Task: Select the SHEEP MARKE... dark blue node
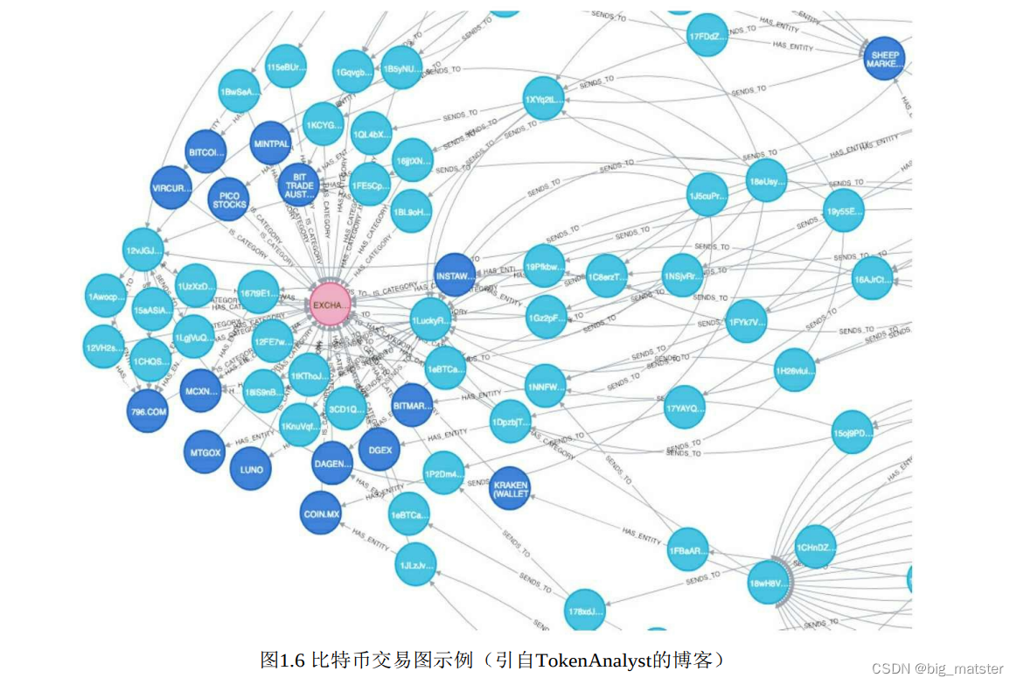(x=883, y=59)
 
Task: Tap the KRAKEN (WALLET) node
(x=511, y=488)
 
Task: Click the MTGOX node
(x=205, y=452)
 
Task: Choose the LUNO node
(x=251, y=469)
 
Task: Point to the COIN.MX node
(x=321, y=514)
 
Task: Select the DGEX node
(x=380, y=450)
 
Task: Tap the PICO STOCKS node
(x=229, y=199)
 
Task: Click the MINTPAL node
(x=270, y=143)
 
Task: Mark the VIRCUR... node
(x=171, y=187)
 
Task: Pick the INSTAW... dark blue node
(x=454, y=275)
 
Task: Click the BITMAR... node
(x=412, y=405)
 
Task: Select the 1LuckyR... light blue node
(x=431, y=320)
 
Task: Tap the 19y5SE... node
(x=844, y=211)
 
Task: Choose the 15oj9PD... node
(x=853, y=432)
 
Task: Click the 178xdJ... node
(x=585, y=611)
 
